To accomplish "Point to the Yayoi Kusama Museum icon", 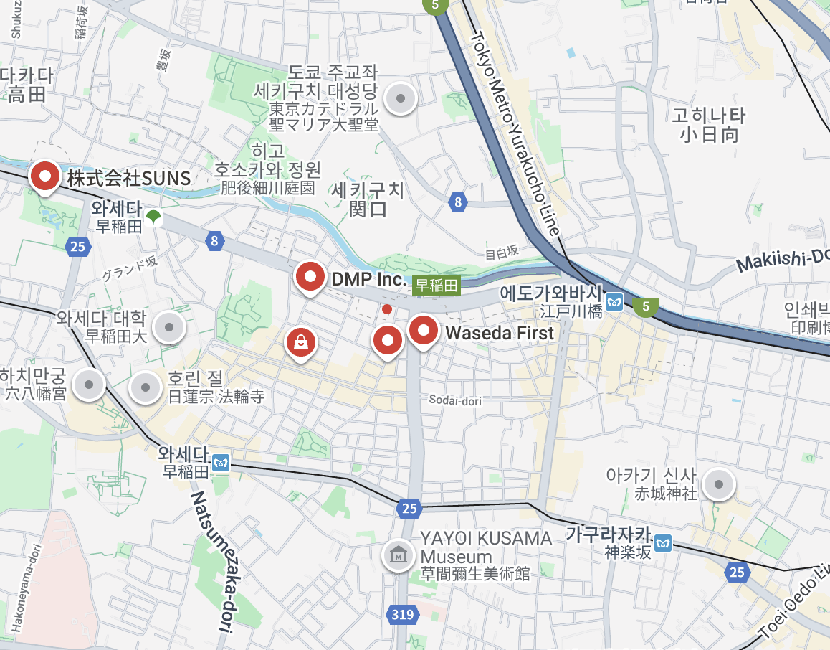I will tap(396, 555).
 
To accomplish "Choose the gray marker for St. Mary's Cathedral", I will tap(401, 98).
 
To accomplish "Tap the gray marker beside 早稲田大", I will tap(170, 328).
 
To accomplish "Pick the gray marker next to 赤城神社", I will tap(718, 485).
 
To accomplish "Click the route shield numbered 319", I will tap(403, 614).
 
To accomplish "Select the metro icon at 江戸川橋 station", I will tap(614, 302).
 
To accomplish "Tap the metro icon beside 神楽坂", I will tap(664, 543).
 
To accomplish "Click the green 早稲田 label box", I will tap(437, 286).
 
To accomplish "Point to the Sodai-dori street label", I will tap(456, 400).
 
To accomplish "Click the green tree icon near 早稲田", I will tap(153, 217).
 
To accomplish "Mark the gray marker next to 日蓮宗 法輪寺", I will tap(146, 387).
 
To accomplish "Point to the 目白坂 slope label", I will tap(502, 252).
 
